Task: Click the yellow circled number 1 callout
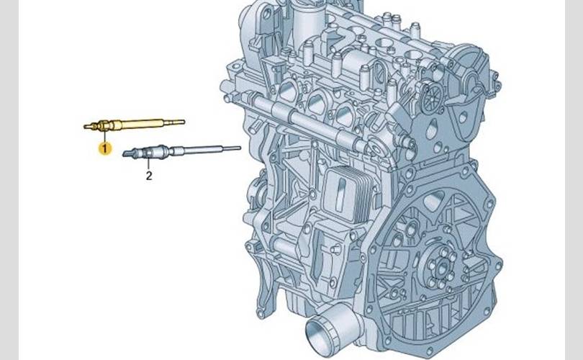tap(105, 148)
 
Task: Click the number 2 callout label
tap(149, 176)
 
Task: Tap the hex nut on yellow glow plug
tap(104, 126)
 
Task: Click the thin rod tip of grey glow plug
tap(231, 148)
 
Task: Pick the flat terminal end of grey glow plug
tap(129, 153)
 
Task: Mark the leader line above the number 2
tap(149, 163)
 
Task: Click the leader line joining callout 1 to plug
tap(105, 136)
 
